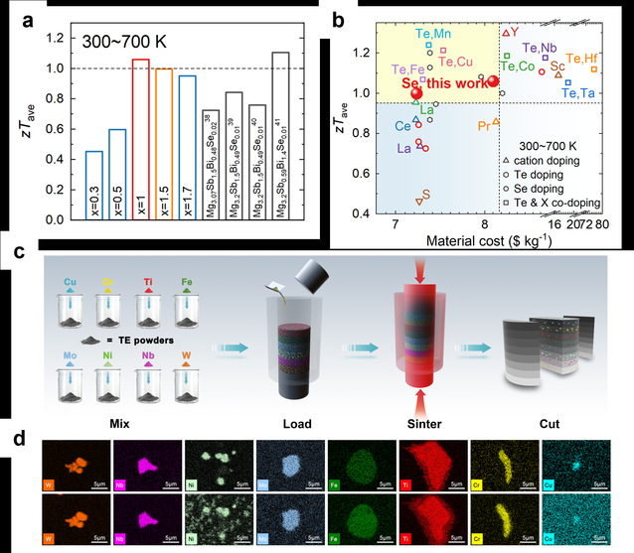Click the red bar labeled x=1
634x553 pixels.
tap(140, 139)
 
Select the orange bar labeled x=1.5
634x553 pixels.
tap(164, 144)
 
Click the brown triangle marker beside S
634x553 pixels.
tap(419, 202)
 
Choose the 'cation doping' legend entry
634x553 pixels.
tap(567, 161)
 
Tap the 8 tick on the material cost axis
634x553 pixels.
tap(486, 226)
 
